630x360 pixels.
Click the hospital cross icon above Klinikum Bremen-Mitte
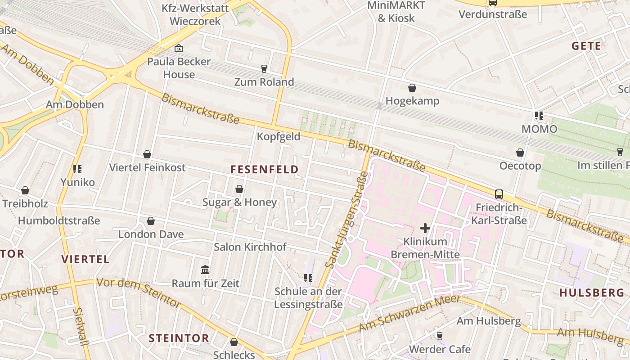(425, 228)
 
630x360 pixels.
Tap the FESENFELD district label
(264, 170)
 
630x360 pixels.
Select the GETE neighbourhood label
(586, 46)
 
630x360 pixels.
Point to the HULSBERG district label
(592, 292)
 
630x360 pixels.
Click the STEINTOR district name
(179, 338)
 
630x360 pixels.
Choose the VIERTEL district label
(85, 259)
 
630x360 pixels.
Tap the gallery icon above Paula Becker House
(179, 48)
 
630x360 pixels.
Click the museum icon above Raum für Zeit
(205, 270)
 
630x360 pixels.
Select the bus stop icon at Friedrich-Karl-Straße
(499, 194)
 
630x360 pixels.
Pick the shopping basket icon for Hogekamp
(412, 87)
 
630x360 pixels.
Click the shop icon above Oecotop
(520, 153)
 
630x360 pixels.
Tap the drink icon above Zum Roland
(264, 68)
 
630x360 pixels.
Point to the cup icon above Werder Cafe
(439, 336)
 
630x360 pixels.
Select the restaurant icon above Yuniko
(77, 169)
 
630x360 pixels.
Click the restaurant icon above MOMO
(539, 116)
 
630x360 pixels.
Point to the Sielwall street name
(81, 327)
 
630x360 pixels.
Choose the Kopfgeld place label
(278, 137)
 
